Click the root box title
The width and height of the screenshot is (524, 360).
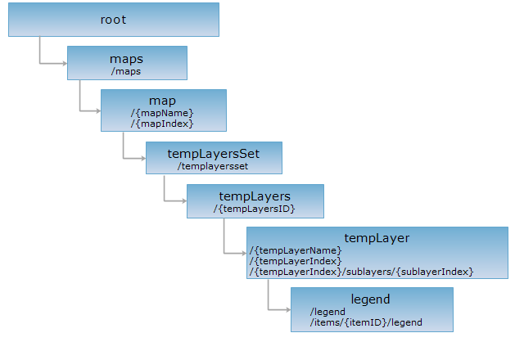[x=114, y=20]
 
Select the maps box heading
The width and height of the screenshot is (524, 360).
[x=126, y=59]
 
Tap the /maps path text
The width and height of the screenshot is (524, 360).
[x=126, y=71]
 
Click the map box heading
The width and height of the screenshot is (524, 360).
[x=162, y=101]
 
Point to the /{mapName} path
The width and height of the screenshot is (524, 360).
[x=162, y=112]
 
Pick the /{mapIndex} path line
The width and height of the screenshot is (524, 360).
[x=161, y=124]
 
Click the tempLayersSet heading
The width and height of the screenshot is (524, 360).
[x=214, y=153]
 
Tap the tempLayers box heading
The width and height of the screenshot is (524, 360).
[x=255, y=196]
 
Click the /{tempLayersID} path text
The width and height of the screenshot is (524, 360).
[x=254, y=209]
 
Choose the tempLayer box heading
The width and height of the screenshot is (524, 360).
[x=377, y=238]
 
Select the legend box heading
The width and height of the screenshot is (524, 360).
[x=371, y=299]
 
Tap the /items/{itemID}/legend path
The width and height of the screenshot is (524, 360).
[x=366, y=322]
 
